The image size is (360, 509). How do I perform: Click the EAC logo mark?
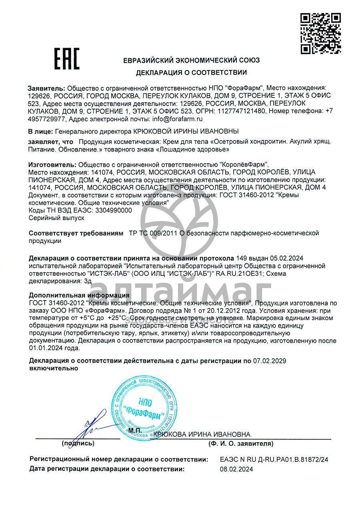[x=67, y=59]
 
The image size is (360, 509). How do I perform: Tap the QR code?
[x=320, y=33]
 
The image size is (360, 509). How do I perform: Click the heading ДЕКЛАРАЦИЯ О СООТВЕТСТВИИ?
[x=191, y=73]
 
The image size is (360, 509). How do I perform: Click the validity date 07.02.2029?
[x=270, y=361]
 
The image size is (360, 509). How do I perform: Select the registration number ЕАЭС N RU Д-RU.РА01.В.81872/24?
[x=274, y=460]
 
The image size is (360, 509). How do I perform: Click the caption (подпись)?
[x=78, y=443]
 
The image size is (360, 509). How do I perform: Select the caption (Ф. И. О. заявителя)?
[x=240, y=443]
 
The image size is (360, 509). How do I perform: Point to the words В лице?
[x=40, y=131]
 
